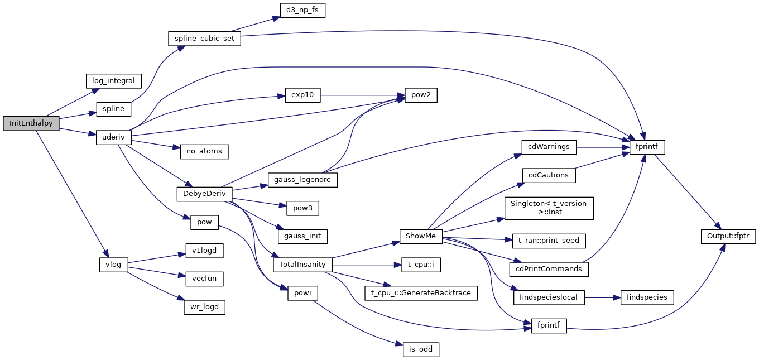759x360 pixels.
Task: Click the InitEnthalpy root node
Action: click(x=31, y=123)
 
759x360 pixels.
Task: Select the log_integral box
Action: click(x=113, y=80)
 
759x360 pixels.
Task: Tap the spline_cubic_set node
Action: click(x=204, y=39)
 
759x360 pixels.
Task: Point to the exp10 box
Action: click(x=302, y=95)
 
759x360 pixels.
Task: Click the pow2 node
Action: click(x=417, y=95)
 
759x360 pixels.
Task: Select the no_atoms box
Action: click(x=204, y=151)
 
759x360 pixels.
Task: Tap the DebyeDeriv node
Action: click(x=204, y=194)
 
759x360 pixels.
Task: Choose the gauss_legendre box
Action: click(x=302, y=180)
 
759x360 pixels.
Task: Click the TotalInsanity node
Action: click(x=302, y=264)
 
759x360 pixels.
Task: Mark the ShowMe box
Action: click(x=421, y=236)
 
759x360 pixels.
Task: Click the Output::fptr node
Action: click(x=728, y=236)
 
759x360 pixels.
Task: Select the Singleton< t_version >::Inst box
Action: click(x=549, y=208)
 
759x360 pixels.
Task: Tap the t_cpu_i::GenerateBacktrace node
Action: click(x=421, y=292)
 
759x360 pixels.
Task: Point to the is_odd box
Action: click(x=421, y=350)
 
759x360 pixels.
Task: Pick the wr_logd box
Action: click(x=204, y=307)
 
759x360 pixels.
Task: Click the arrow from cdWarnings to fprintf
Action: click(x=600, y=147)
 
